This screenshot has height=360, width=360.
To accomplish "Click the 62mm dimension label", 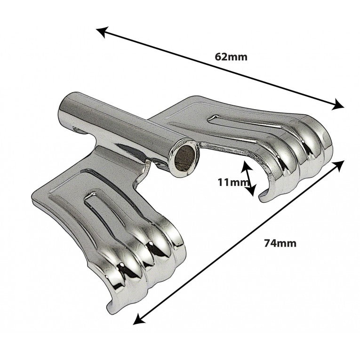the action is click(x=231, y=57).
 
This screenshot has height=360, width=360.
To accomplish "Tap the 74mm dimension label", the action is click(x=280, y=243).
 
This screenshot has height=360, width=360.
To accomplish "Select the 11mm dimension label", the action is click(x=233, y=183).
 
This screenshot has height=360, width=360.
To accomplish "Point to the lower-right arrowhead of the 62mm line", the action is click(x=338, y=105).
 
